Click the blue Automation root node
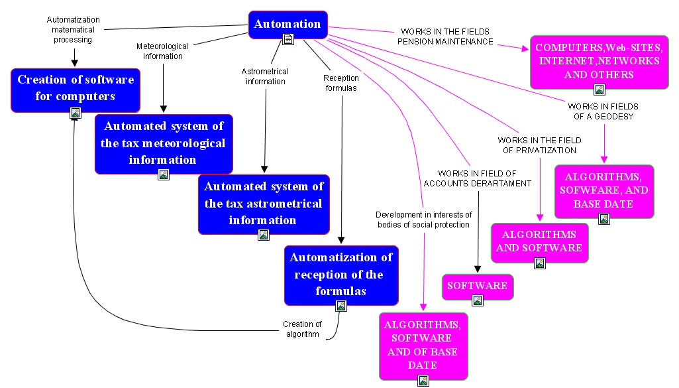(287, 25)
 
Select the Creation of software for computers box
(76, 88)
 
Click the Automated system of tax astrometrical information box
(264, 204)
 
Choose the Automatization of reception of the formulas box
(341, 274)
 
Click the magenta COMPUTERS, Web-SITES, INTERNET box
(598, 61)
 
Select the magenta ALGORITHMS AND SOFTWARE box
(539, 241)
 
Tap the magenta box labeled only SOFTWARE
(477, 286)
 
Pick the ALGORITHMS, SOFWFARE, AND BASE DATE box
(603, 190)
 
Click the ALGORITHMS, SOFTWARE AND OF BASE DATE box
(423, 344)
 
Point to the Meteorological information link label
(162, 51)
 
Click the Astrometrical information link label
(265, 76)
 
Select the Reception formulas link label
(341, 83)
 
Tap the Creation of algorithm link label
(302, 329)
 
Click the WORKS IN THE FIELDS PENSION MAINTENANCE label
(445, 36)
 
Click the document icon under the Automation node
(288, 39)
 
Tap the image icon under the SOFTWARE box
(478, 300)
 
